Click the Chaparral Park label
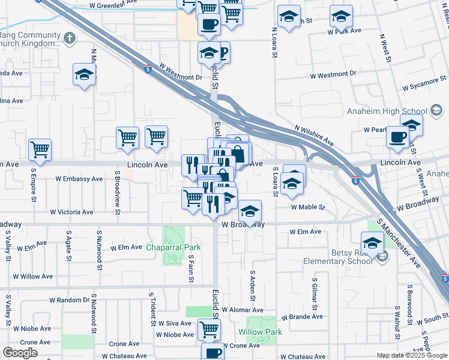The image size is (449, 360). (x=173, y=247)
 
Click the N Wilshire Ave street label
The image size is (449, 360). (x=314, y=136)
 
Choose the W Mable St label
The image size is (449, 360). (x=308, y=207)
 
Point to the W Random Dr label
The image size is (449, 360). (x=69, y=300)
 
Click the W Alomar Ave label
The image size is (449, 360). (x=242, y=310)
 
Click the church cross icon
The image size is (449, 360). (x=70, y=38)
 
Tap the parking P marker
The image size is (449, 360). (x=223, y=54)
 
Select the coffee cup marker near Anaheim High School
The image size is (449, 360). (x=397, y=136)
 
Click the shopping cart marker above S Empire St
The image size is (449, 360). (x=40, y=149)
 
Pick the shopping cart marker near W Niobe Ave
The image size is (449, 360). (x=209, y=328)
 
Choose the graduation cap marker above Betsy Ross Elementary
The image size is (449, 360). (x=373, y=242)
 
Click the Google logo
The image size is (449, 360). (x=20, y=353)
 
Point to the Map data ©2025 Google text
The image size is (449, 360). (x=411, y=355)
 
